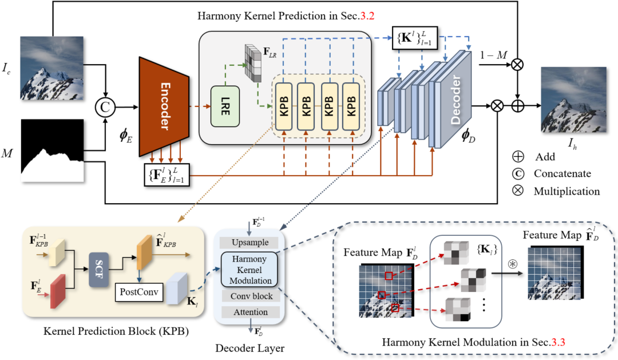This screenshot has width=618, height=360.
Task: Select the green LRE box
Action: [x=224, y=106]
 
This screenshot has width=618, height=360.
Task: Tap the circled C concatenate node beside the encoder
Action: [x=104, y=107]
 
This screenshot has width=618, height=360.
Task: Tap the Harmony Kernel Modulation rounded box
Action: [x=248, y=269]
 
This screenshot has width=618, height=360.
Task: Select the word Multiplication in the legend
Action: [x=566, y=191]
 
